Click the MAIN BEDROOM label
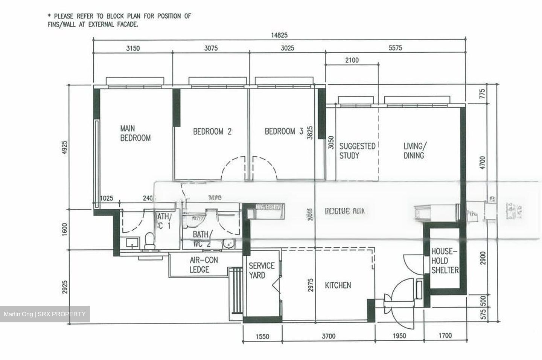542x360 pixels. [135, 133]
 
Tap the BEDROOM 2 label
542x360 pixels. [212, 131]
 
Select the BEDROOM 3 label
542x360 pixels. [284, 131]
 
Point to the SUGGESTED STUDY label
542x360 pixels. [357, 150]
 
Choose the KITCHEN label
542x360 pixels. [338, 285]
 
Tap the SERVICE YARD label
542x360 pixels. [261, 270]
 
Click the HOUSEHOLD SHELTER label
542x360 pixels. [445, 261]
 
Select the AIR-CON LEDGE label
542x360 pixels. [203, 265]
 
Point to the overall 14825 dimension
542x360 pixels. [279, 35]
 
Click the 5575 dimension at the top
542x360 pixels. [395, 48]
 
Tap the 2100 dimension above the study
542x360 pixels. [352, 60]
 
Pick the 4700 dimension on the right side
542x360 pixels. [483, 163]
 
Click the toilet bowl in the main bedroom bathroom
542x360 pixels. [149, 240]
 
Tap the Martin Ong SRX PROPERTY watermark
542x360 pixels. [45, 314]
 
